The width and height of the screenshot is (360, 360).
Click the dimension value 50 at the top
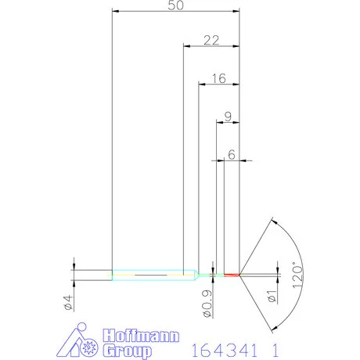coord(175,5)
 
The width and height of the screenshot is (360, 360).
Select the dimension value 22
coord(211,40)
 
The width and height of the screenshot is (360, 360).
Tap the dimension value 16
coord(218,78)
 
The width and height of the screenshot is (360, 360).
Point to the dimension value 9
coord(227,116)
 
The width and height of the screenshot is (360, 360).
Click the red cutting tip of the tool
coord(232,275)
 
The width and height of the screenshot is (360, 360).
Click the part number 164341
coord(224,346)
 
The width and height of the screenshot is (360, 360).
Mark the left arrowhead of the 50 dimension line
coord(116,12)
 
